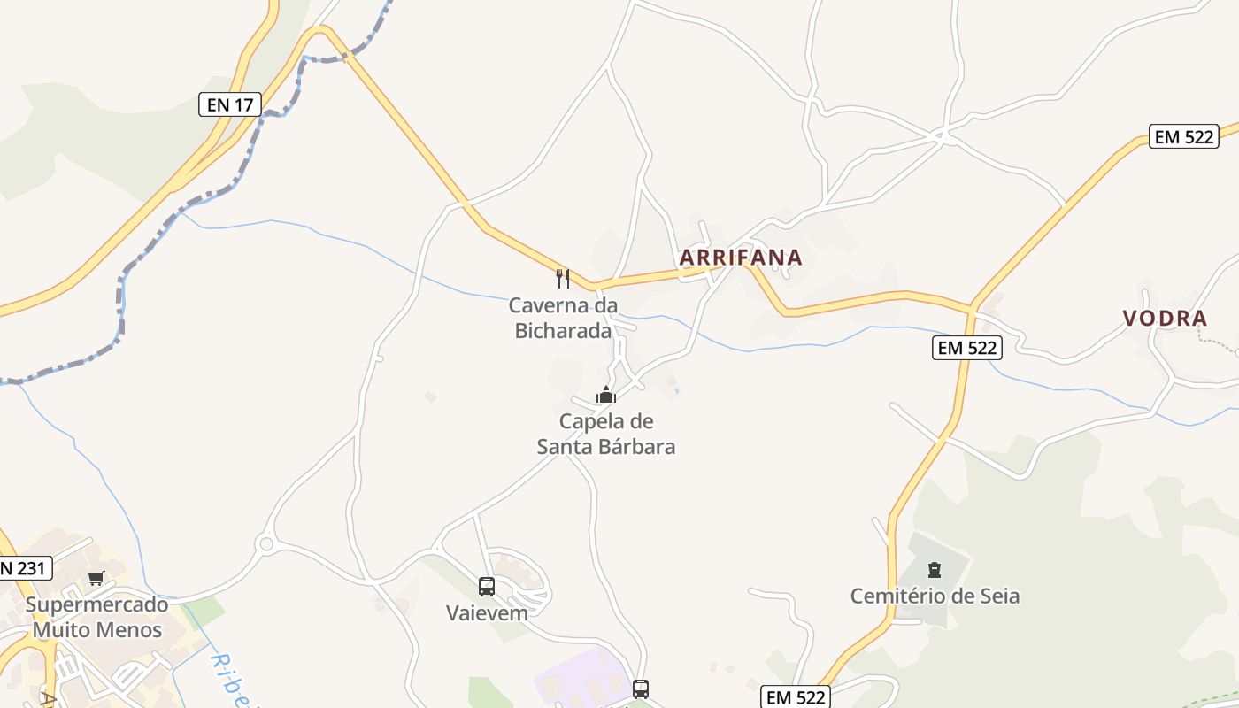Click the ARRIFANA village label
click(x=741, y=258)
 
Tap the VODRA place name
click(x=1165, y=319)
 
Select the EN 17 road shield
click(x=229, y=104)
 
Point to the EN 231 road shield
click(x=24, y=568)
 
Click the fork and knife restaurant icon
click(x=562, y=279)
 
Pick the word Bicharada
click(x=563, y=331)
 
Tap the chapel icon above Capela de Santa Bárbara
click(x=606, y=395)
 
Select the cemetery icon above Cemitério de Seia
click(x=935, y=569)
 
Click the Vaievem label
click(x=487, y=612)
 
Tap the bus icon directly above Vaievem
click(x=487, y=586)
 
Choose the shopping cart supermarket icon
click(x=96, y=578)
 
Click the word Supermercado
click(x=96, y=605)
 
